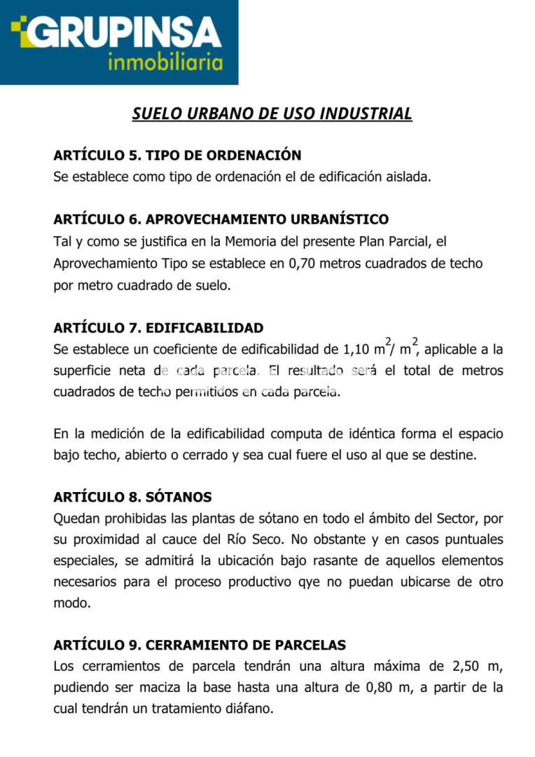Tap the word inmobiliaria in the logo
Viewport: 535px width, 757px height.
click(x=165, y=63)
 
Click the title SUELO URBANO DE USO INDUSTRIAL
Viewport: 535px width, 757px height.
click(x=272, y=114)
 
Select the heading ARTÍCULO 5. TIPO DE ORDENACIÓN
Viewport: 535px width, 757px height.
click(x=177, y=155)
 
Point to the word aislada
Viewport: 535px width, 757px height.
click(x=409, y=177)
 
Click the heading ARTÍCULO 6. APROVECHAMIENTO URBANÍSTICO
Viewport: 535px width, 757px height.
click(x=221, y=219)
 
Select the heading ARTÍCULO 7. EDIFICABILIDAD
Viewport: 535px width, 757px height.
click(x=158, y=327)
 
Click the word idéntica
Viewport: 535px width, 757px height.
click(x=332, y=434)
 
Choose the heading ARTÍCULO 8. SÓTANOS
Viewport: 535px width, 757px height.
click(x=132, y=497)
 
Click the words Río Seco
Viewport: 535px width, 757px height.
click(x=275, y=540)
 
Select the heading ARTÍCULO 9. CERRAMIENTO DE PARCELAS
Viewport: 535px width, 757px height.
click(x=200, y=644)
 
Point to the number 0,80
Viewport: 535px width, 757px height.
click(x=382, y=687)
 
